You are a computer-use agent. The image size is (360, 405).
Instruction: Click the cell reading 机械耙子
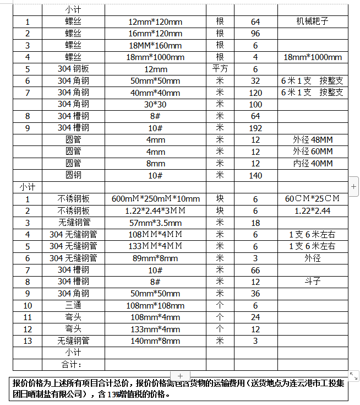[312, 22]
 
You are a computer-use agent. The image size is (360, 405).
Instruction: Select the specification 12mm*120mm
[155, 22]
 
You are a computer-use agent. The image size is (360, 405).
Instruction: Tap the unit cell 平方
[220, 69]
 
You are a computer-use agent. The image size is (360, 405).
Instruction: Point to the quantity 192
[255, 128]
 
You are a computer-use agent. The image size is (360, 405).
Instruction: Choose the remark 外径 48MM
[313, 140]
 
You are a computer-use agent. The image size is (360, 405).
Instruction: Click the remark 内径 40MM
[313, 164]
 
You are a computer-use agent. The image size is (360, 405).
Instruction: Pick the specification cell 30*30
[155, 105]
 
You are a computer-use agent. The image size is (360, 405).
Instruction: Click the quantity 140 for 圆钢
[255, 175]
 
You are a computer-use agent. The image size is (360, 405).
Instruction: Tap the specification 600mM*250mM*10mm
[155, 199]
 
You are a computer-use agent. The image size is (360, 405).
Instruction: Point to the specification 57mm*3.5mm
[155, 223]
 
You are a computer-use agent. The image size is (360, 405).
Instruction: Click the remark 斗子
[313, 282]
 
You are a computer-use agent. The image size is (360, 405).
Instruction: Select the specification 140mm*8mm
[155, 341]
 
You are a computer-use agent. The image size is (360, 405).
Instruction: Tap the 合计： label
[73, 365]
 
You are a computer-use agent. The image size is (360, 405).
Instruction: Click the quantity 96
[255, 34]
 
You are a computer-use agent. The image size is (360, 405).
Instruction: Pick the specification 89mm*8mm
[155, 258]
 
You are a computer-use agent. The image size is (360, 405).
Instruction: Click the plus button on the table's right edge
[353, 187]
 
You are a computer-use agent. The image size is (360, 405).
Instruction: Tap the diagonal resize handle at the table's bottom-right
[353, 376]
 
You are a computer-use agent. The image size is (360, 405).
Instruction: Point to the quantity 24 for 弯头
[255, 317]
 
